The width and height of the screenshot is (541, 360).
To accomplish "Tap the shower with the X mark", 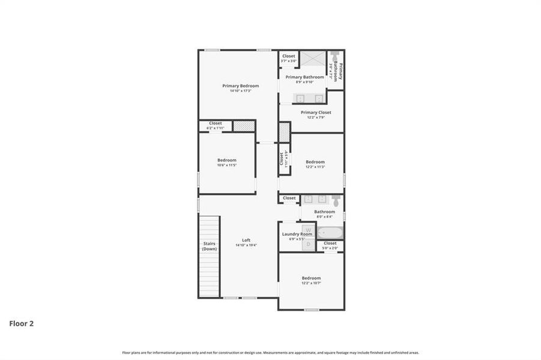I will pos(313,59).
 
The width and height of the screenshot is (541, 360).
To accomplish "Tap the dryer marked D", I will pos(307,244).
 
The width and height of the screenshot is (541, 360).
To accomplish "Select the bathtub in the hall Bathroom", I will pos(330,232).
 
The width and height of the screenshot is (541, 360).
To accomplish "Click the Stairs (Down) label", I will pos(210,246).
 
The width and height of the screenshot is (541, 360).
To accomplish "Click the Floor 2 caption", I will pos(21,323).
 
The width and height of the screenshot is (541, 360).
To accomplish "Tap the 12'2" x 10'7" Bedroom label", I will pos(311,278).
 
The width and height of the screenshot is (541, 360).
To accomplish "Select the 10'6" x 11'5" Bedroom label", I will pos(227,160).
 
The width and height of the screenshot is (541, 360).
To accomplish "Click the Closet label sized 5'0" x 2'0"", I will pos(330,243).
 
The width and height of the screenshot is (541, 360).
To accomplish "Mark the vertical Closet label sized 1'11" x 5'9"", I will pos(281,159).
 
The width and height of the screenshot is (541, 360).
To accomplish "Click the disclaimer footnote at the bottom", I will pos(270,353).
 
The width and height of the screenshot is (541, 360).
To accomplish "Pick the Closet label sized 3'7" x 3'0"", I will pos(289,56).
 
